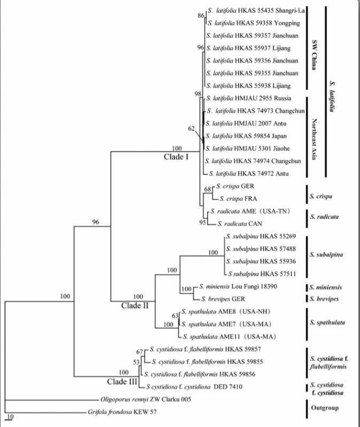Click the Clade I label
click(x=176, y=157)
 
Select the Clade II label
click(x=135, y=305)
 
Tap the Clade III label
click(x=122, y=382)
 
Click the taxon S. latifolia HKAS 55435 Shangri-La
click(x=256, y=11)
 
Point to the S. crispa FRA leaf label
click(x=238, y=199)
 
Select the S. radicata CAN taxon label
click(x=240, y=224)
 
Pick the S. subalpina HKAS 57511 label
click(x=262, y=274)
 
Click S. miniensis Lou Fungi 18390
click(x=238, y=287)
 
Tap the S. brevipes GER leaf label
click(x=223, y=299)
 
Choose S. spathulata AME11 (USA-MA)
click(x=230, y=337)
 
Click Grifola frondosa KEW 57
click(x=122, y=412)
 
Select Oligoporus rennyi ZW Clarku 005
click(x=146, y=399)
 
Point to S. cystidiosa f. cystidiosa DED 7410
click(x=194, y=386)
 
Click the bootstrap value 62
click(x=192, y=128)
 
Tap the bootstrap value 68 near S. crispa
click(x=208, y=189)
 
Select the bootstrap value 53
click(x=136, y=362)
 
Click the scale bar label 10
click(x=10, y=417)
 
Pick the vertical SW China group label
click(x=314, y=55)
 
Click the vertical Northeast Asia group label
click(x=314, y=139)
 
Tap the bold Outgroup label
click(x=325, y=408)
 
